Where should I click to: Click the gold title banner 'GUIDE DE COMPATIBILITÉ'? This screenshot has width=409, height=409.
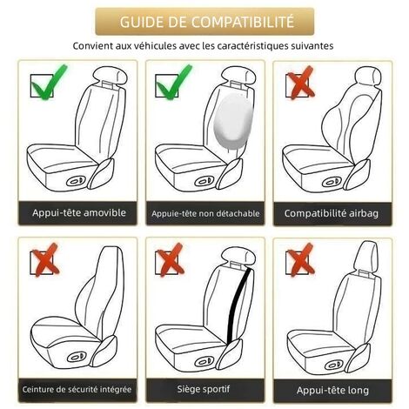click(204, 22)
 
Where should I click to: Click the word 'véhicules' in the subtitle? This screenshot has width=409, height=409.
click(153, 46)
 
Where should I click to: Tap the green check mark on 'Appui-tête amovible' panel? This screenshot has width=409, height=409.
click(48, 83)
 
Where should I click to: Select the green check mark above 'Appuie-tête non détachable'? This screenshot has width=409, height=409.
click(173, 83)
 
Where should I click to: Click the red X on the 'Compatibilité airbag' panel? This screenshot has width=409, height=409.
click(300, 83)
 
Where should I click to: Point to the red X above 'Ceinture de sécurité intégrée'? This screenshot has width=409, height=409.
click(45, 260)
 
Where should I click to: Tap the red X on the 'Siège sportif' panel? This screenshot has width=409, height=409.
click(170, 260)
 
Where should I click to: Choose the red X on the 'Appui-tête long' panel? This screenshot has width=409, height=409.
click(300, 260)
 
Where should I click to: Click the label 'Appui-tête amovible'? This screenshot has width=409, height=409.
click(79, 213)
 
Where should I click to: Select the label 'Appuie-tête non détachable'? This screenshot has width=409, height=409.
click(205, 214)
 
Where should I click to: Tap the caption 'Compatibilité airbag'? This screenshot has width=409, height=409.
click(332, 213)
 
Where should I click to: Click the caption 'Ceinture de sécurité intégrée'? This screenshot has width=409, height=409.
click(77, 389)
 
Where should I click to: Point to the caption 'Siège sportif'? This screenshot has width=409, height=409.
click(204, 389)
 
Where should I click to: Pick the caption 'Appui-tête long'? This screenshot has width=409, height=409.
click(332, 391)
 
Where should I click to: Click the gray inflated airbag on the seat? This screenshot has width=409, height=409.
click(230, 119)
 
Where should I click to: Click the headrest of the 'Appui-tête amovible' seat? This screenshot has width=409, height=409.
click(111, 75)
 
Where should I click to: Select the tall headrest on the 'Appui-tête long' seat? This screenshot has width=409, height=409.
click(366, 257)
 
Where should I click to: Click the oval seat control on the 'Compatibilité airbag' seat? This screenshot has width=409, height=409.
click(332, 182)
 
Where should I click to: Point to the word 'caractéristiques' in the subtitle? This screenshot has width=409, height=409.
click(257, 46)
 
